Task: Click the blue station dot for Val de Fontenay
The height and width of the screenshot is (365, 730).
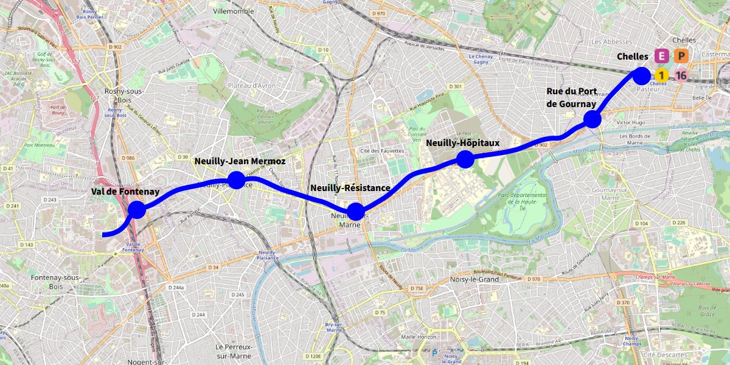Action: [x=137, y=210]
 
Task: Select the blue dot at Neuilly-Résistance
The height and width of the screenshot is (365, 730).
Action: [x=355, y=212]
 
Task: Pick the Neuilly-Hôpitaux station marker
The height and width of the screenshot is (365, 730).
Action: [x=465, y=159]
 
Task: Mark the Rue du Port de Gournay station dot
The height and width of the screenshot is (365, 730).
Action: [x=593, y=119]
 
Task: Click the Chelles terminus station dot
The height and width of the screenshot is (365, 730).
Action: [x=642, y=75]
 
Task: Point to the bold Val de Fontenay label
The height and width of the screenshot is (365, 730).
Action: [x=125, y=192]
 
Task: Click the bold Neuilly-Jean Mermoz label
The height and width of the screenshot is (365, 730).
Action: [x=240, y=162]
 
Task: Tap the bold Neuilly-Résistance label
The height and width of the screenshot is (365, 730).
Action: [x=350, y=188]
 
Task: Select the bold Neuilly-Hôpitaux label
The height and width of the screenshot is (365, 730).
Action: [x=462, y=143]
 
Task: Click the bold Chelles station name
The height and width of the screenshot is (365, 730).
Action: [x=633, y=57]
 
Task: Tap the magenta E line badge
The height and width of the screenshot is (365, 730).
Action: [x=661, y=57]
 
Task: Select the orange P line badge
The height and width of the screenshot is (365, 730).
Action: [x=681, y=57]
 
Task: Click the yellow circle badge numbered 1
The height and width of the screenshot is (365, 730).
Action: [x=661, y=75]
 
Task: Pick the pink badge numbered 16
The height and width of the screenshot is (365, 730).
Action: [x=681, y=75]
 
